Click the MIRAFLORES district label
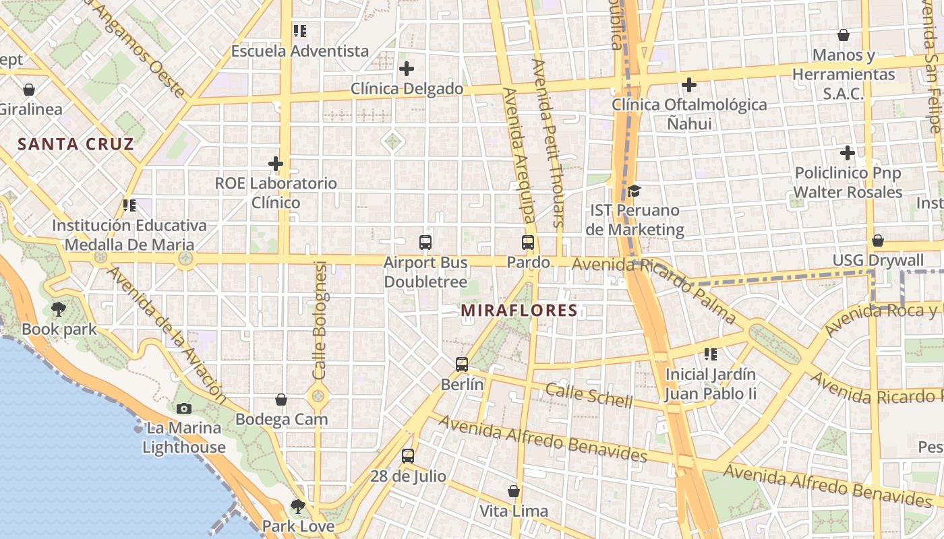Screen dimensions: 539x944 (519, 311)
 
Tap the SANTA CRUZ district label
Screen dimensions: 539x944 (76, 144)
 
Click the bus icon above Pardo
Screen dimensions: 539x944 (528, 243)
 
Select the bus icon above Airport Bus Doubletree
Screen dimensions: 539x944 (425, 243)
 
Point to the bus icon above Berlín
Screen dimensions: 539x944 (462, 364)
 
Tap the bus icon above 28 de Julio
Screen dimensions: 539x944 (408, 456)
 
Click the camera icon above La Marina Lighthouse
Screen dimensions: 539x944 (183, 408)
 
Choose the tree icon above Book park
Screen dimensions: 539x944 (59, 310)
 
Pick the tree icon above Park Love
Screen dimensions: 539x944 (298, 506)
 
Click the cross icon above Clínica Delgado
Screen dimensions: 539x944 (407, 69)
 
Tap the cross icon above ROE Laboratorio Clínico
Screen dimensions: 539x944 (275, 164)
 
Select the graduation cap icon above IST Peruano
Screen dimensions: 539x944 (634, 191)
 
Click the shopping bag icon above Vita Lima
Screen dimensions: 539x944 (514, 491)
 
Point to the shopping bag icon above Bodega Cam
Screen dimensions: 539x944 (281, 400)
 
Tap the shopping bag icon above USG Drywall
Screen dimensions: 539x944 (878, 241)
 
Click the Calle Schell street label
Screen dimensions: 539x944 (589, 395)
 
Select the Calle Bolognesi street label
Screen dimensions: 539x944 (320, 320)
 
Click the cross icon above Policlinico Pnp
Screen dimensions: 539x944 (848, 154)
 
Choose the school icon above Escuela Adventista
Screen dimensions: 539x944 (300, 31)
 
